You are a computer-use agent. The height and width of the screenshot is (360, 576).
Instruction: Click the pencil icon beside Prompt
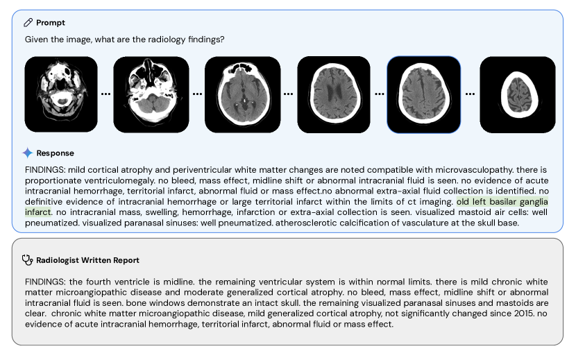(28, 23)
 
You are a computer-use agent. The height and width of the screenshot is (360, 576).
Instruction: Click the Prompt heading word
(51, 23)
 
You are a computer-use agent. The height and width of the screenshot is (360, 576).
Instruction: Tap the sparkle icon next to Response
(28, 153)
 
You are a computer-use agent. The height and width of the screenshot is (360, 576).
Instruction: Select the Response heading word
(55, 153)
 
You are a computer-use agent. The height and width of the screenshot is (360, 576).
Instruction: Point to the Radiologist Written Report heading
(87, 260)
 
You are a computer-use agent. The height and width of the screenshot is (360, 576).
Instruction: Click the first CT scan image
(61, 94)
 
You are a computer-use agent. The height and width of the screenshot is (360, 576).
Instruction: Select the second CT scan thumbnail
(151, 94)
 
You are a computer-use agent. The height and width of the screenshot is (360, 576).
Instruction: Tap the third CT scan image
(244, 94)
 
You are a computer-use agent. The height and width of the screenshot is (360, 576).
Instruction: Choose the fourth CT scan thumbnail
(334, 94)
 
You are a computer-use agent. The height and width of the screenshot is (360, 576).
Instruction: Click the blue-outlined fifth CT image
(424, 94)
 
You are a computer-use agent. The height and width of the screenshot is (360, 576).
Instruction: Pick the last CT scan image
(518, 94)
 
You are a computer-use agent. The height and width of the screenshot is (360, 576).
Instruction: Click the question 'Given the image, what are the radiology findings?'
(124, 40)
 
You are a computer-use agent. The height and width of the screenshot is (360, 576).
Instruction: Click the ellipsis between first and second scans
(105, 93)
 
